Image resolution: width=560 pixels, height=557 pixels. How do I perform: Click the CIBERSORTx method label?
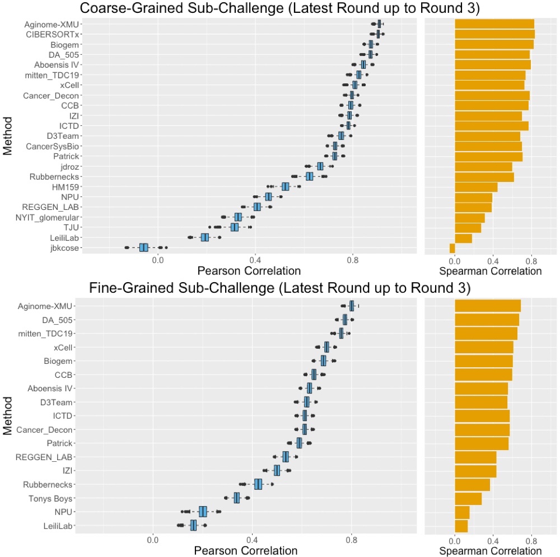point(52,34)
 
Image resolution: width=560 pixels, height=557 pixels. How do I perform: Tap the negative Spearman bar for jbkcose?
point(452,247)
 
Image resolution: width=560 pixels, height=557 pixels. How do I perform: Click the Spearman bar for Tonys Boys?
point(468,498)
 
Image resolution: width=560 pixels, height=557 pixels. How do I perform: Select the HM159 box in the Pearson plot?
point(286,186)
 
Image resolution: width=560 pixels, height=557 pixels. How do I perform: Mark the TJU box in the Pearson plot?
point(235,227)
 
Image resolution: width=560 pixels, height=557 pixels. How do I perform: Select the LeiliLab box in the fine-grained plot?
point(193,525)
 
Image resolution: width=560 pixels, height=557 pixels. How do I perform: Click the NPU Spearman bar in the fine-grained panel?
point(462,512)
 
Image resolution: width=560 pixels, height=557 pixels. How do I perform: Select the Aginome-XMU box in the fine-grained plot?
point(351,306)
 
